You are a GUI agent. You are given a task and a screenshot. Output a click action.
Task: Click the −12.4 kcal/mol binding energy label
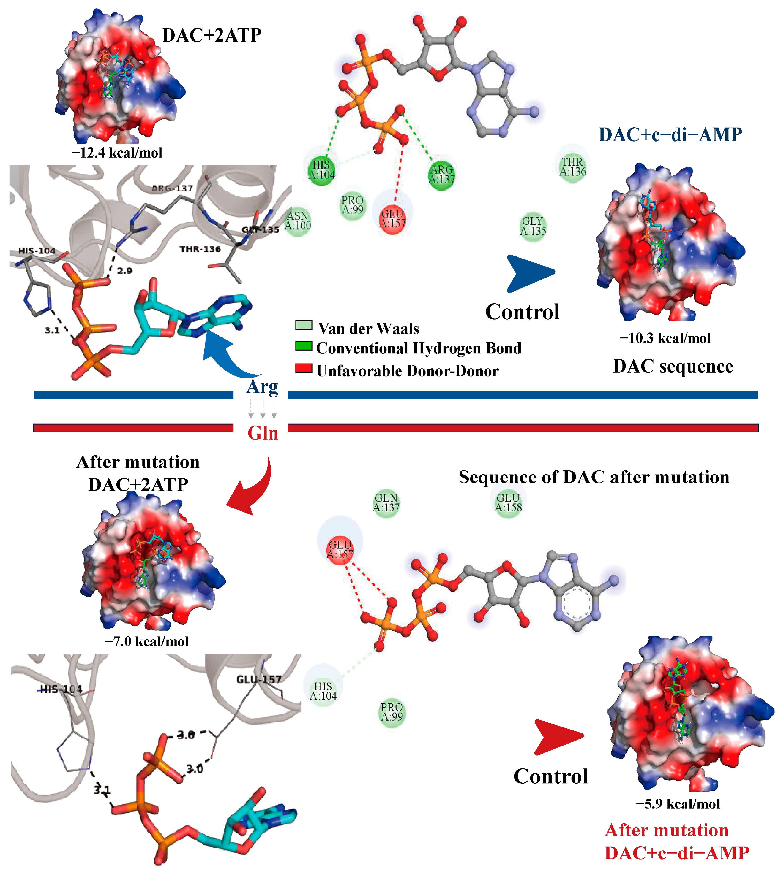(x=117, y=153)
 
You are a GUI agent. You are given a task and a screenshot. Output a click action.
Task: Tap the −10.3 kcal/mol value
(x=665, y=338)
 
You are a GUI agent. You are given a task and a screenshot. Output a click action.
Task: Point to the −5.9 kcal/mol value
(x=678, y=803)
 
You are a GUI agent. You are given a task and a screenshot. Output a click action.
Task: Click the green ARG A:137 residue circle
(x=442, y=174)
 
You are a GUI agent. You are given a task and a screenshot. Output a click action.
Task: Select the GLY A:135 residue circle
(x=533, y=226)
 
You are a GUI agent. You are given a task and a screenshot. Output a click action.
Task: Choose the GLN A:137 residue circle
(x=386, y=503)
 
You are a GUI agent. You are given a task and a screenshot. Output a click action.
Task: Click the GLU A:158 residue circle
(x=508, y=503)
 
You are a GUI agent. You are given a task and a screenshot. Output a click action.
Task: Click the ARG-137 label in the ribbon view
(x=172, y=188)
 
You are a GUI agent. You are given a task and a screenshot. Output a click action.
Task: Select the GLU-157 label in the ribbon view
(x=259, y=679)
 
